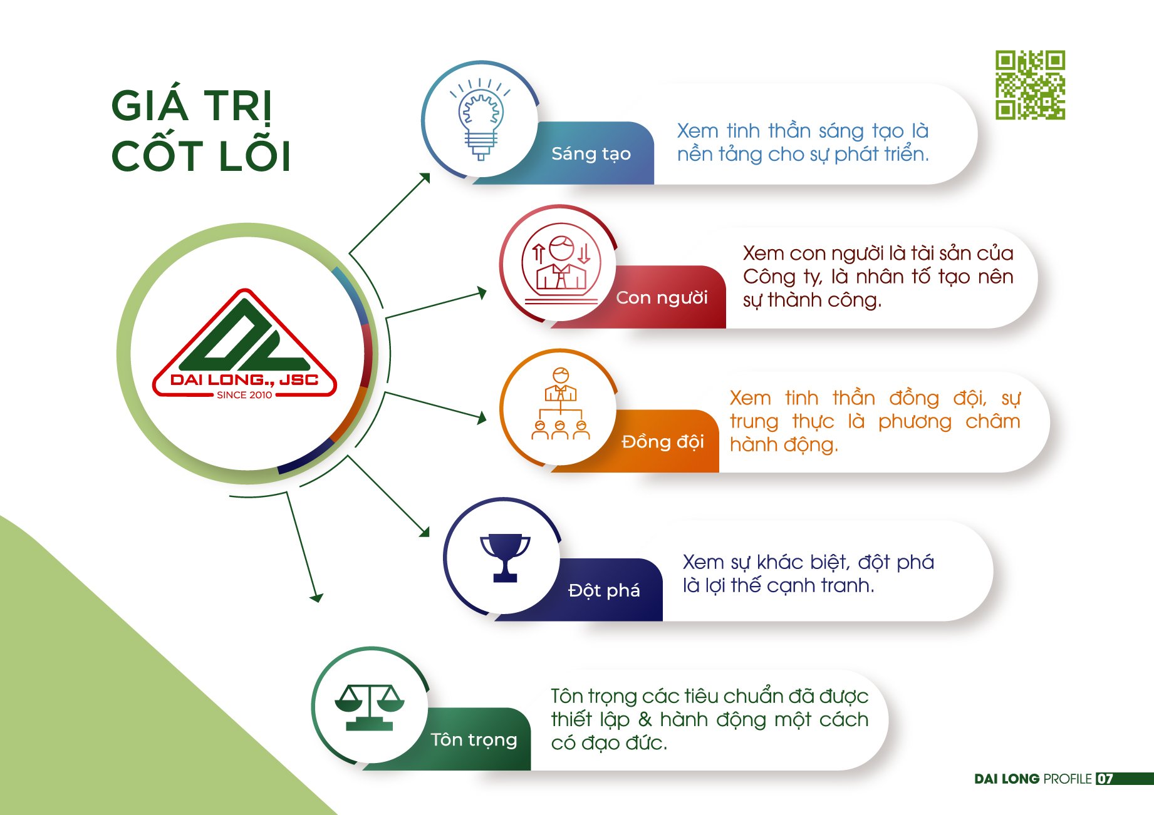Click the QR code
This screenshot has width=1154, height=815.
1031,85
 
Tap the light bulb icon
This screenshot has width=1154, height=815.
481,119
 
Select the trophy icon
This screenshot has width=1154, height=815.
505,558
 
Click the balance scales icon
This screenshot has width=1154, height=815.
370,707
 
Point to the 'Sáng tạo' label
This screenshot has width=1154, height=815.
591,153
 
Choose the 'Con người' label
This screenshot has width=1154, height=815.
662,297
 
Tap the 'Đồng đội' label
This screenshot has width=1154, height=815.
663,441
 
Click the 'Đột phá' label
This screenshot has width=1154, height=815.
604,590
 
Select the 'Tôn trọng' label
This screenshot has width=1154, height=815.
474,740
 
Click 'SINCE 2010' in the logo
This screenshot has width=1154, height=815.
244,395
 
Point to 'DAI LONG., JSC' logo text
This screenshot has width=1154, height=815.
244,380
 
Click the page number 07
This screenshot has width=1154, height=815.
1105,779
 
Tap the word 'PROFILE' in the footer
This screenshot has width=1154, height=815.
1068,779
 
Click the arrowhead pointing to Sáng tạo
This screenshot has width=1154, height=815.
425,177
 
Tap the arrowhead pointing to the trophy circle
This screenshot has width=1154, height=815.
425,532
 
